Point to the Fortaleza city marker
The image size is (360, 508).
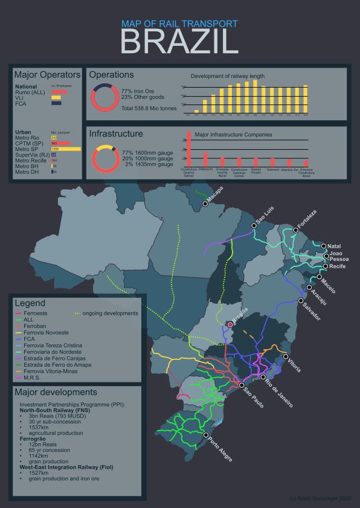point(295,230)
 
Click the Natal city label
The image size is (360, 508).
point(335,246)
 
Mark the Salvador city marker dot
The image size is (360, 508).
point(301,300)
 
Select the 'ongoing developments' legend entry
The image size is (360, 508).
point(106,313)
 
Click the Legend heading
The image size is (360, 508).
point(30,303)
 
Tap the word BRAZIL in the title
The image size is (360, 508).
point(179,42)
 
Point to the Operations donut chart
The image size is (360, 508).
point(104,97)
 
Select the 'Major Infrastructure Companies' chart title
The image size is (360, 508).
point(234,134)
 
